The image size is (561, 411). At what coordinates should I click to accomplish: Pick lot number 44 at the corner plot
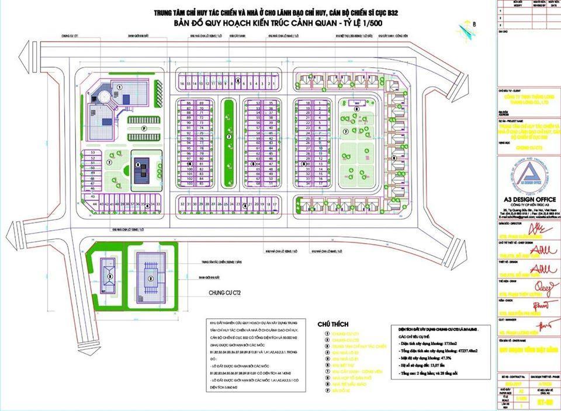click(86, 204)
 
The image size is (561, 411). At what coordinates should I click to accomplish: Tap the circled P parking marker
click(143, 127)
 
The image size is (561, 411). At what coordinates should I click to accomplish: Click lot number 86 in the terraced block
click(189, 103)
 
